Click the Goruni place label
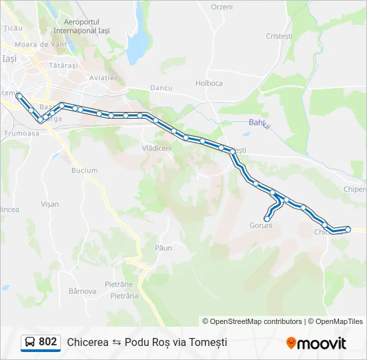(x=261, y=225)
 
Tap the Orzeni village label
(x=222, y=7)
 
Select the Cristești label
(x=279, y=36)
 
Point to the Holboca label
(x=209, y=83)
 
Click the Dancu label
(x=161, y=87)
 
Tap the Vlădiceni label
(x=157, y=148)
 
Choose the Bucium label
(x=84, y=171)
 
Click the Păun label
(x=163, y=248)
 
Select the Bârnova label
(x=83, y=291)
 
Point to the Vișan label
(x=50, y=204)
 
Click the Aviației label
(x=103, y=78)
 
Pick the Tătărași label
(x=64, y=66)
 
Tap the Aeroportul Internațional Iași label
(x=81, y=26)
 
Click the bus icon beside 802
(x=31, y=342)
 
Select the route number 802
(x=47, y=342)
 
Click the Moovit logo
(x=316, y=343)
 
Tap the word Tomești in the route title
(x=210, y=342)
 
